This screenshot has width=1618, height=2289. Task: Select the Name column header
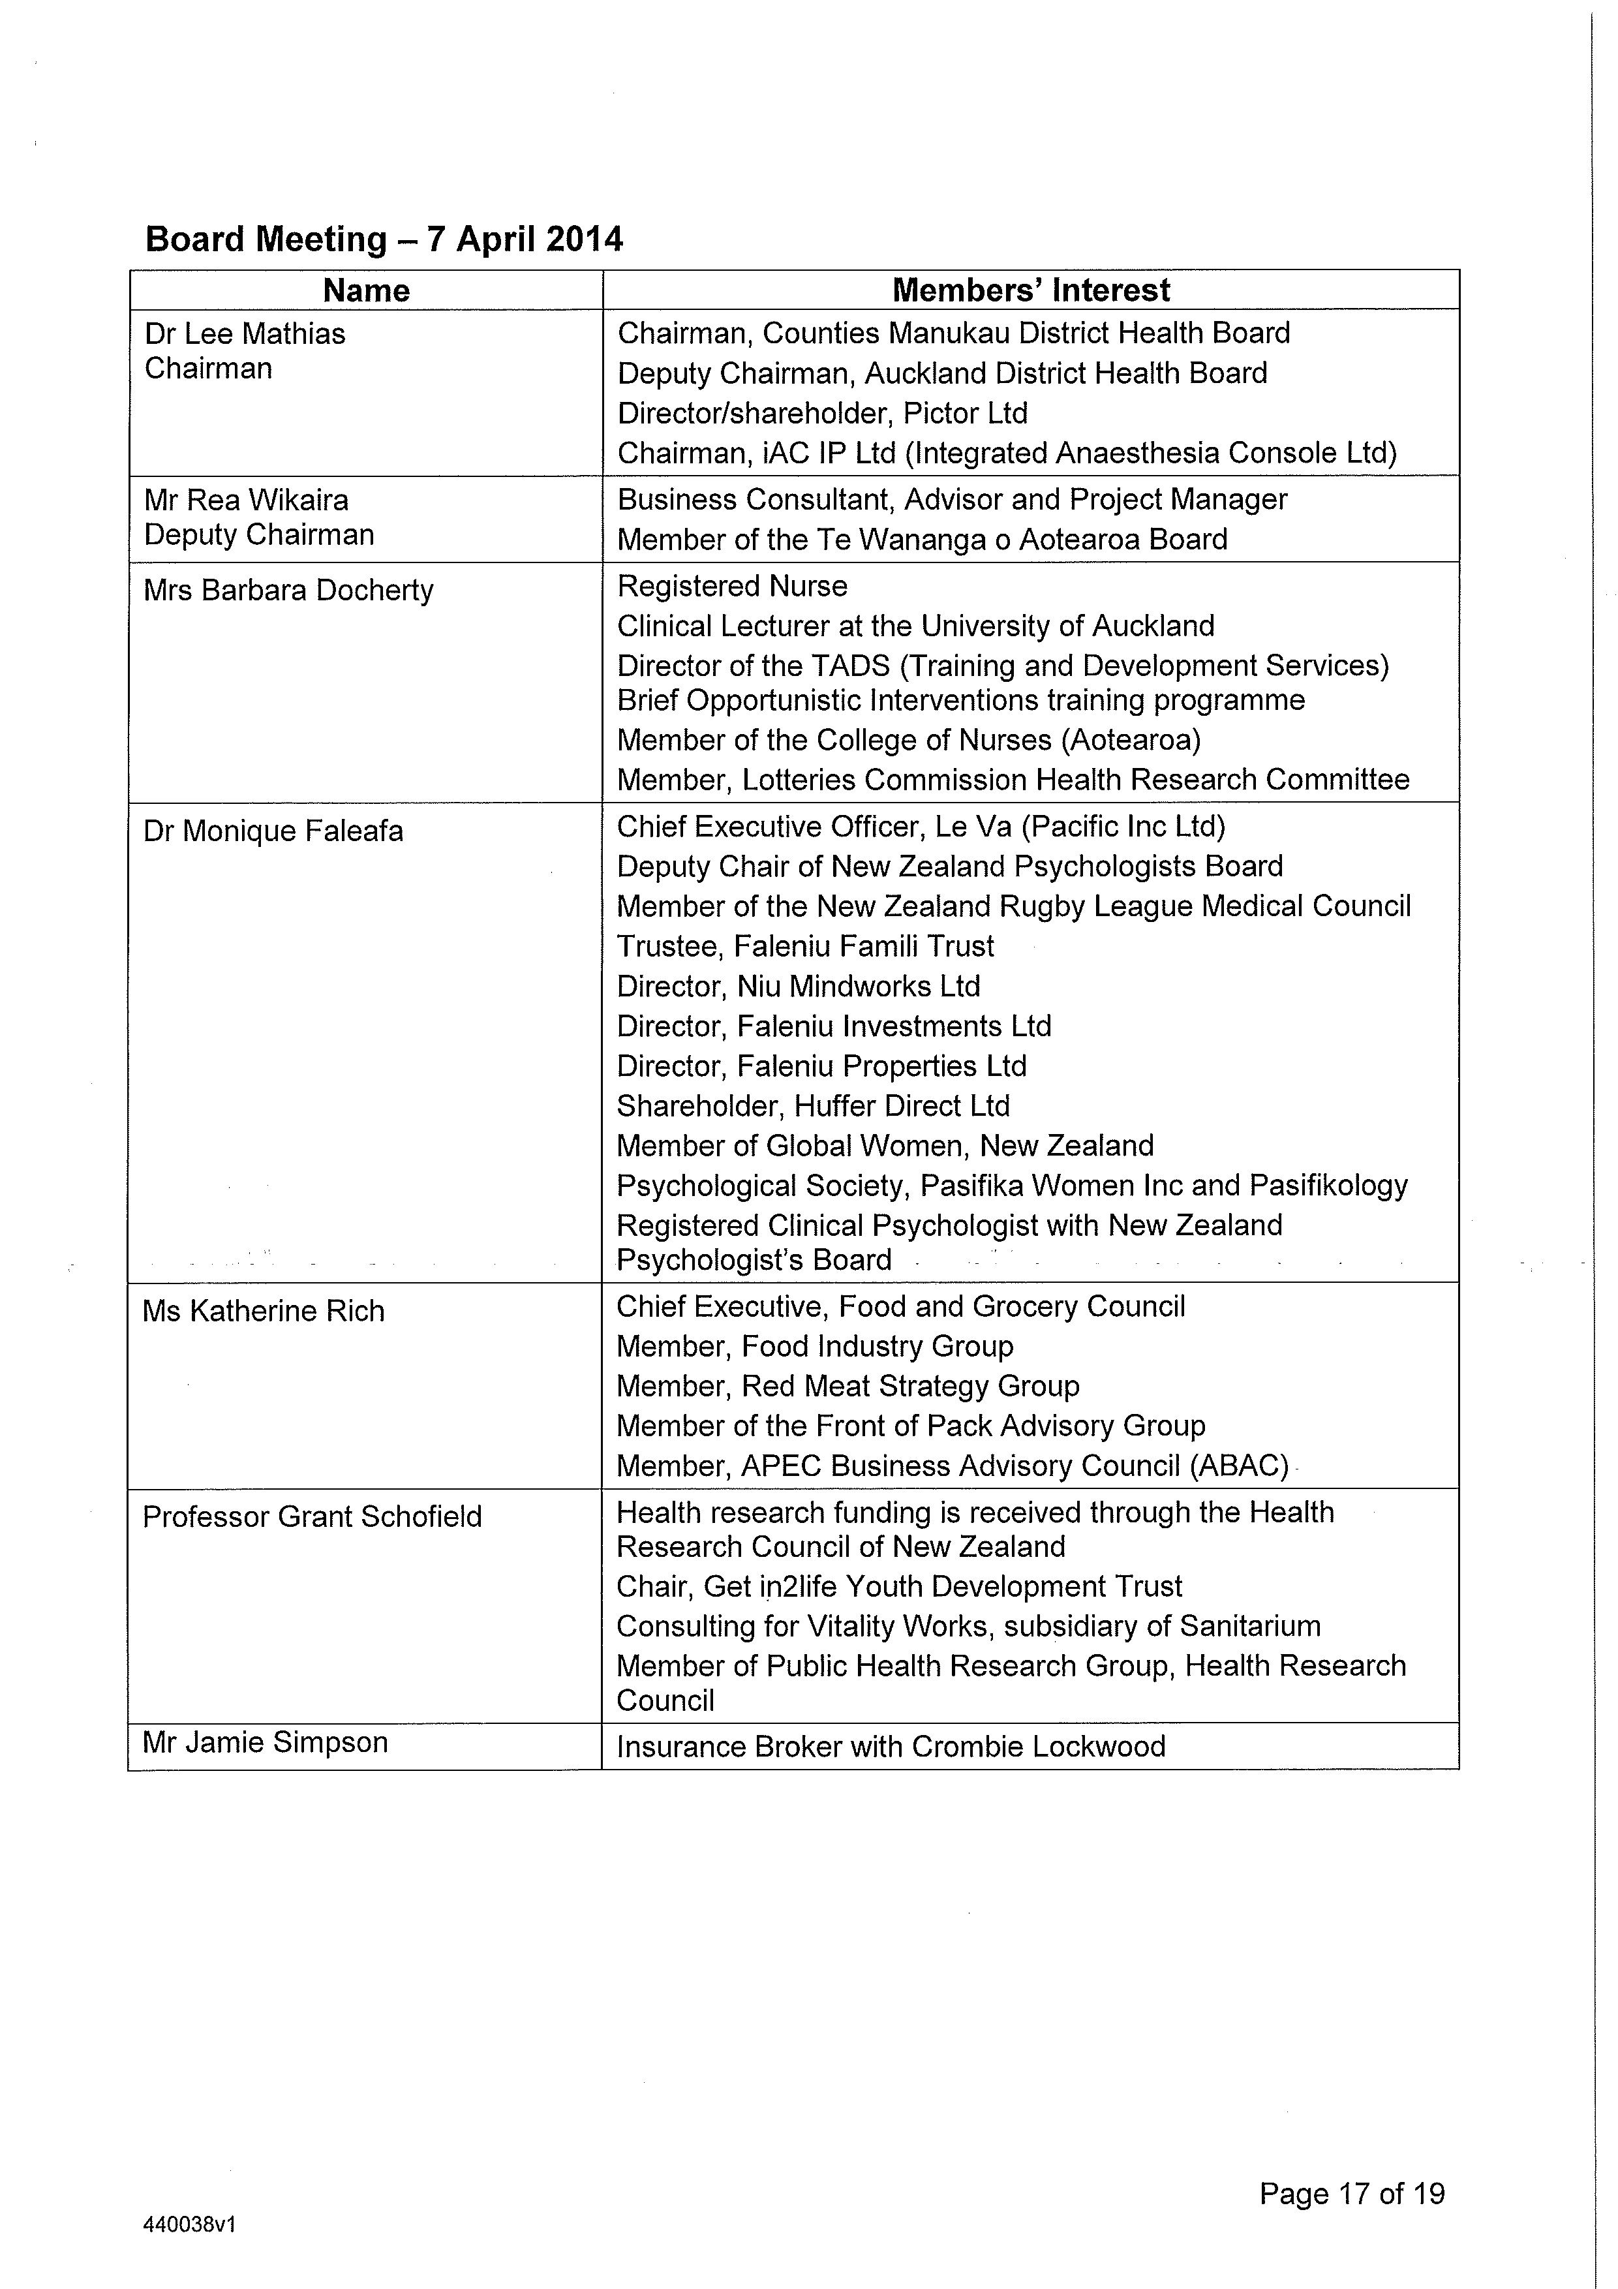point(366,290)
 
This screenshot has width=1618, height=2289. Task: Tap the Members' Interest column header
point(1031,290)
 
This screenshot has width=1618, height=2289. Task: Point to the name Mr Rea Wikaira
point(246,499)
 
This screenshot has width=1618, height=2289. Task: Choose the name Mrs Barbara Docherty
point(289,591)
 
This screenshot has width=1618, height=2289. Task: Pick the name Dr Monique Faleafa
point(273,831)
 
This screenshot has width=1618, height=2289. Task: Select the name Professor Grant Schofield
point(312,1516)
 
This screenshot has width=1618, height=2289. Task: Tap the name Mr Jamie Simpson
point(265,1742)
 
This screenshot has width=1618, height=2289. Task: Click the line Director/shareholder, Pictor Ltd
point(823,413)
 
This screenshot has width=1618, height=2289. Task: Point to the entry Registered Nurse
point(732,586)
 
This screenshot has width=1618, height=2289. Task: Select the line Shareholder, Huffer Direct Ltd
point(812,1105)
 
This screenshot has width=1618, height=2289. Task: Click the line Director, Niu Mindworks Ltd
point(799,986)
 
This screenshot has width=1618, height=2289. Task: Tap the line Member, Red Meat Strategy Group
point(847,1386)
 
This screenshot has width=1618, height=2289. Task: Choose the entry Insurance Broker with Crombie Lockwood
point(891,1747)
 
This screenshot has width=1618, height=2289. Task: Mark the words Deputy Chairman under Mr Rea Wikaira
point(259,534)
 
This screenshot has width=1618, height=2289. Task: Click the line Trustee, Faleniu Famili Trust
point(806,946)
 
